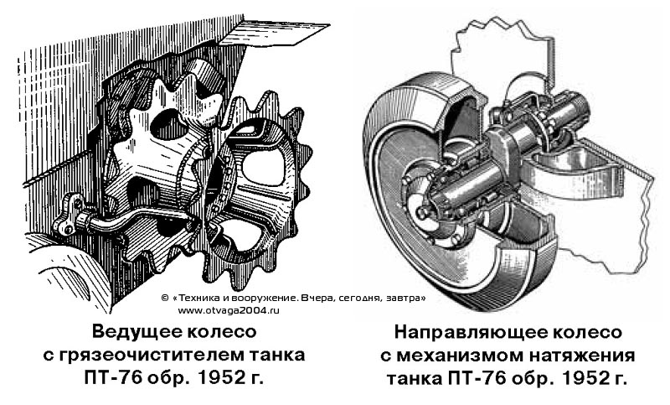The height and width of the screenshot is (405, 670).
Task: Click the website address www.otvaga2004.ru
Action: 229,311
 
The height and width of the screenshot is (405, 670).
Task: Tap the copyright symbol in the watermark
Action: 165,299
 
